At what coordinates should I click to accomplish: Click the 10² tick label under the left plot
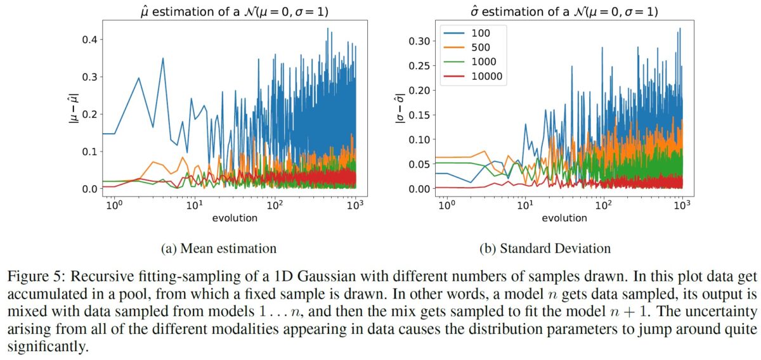point(274,206)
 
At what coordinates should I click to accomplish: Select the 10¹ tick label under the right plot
point(525,206)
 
